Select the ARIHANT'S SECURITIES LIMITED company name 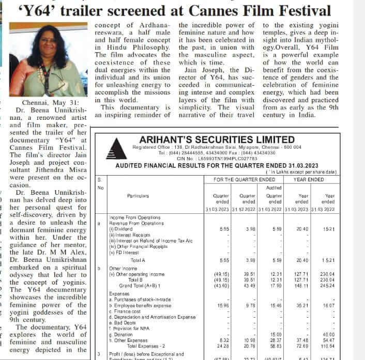(217, 139)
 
